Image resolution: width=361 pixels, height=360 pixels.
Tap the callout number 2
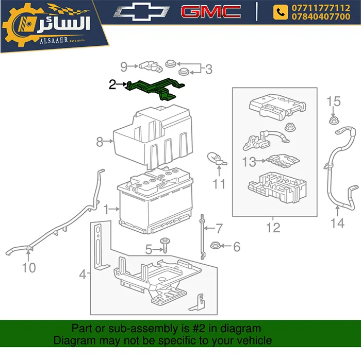point(112,84)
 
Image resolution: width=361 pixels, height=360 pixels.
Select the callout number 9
point(124,66)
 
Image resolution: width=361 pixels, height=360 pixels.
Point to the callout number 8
point(100,141)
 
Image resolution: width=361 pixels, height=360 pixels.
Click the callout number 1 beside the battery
point(106,210)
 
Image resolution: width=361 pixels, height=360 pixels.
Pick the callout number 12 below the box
point(273,227)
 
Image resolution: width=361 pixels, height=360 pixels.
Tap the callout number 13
point(249,162)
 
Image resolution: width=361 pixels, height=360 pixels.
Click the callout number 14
point(337,222)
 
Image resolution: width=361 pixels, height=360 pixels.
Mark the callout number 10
point(29,267)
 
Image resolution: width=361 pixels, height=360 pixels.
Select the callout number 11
point(220,183)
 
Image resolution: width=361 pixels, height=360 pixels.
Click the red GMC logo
point(211,12)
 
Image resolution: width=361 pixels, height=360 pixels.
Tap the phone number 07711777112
point(320,8)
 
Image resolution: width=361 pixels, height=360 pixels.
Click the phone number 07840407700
point(320,16)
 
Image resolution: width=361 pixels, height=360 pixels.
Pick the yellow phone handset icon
point(281,12)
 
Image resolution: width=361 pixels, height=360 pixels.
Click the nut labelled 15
point(333,121)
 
